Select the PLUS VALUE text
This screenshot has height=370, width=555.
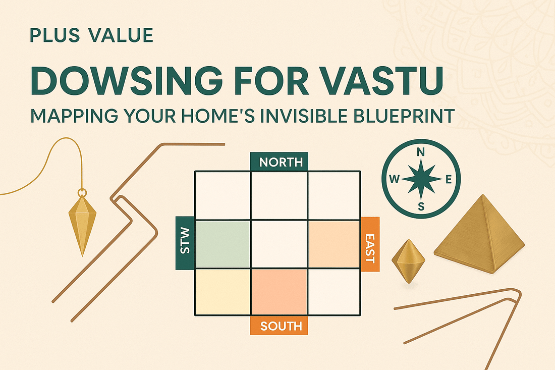[91, 36]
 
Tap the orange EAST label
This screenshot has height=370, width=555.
[369, 244]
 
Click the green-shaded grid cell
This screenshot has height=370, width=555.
[223, 244]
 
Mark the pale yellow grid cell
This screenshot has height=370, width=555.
[223, 292]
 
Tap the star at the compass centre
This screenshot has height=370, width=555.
[421, 179]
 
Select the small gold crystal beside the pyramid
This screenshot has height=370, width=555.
[408, 260]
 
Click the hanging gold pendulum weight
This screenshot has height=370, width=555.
[82, 222]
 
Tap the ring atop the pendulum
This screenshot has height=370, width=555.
[82, 192]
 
